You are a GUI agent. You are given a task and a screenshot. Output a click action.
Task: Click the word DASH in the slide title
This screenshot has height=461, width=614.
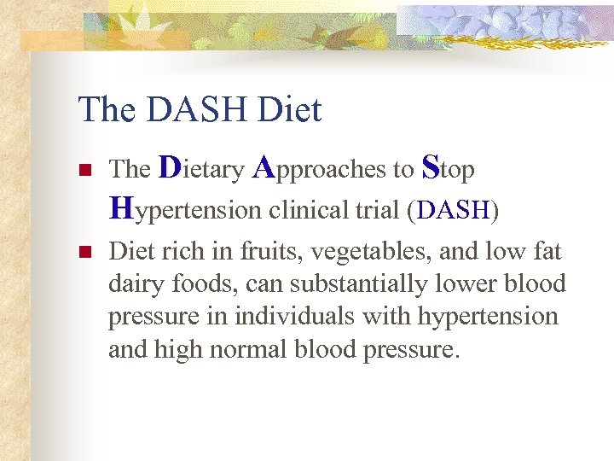point(194,110)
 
